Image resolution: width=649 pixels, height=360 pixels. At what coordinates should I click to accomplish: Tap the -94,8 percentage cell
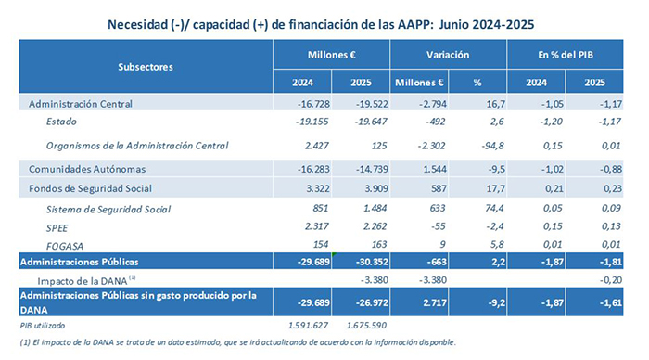pyautogui.click(x=480, y=146)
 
